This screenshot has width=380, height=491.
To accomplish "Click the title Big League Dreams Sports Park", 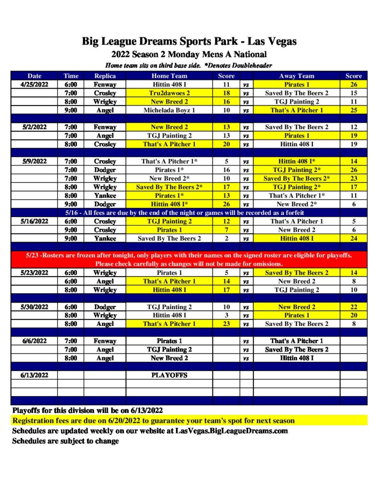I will tap(189, 41).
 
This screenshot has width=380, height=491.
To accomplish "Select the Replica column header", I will tap(105, 76).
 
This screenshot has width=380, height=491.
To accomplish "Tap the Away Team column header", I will tap(297, 76).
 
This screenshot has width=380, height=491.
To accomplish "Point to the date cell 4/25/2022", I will tap(35, 84).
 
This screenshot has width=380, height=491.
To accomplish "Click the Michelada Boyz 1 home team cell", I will tap(169, 110).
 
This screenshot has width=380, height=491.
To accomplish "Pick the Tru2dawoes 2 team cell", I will tap(169, 93).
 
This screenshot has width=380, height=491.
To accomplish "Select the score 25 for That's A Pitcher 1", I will tap(354, 110).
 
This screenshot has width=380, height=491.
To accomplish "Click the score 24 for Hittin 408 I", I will tap(354, 238).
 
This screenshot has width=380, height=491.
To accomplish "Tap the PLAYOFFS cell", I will tap(169, 375).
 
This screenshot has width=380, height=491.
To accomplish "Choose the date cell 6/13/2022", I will tap(35, 375).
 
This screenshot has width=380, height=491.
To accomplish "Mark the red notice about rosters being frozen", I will tap(189, 259).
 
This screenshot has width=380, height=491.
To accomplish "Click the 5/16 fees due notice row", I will tap(189, 213).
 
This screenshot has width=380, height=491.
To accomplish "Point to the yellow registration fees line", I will tap(154, 421).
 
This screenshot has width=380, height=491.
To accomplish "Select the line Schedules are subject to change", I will tap(65, 441).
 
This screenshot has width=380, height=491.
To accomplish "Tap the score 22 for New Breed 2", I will tap(354, 307).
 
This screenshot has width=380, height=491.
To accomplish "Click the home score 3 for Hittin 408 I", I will tap(226, 316).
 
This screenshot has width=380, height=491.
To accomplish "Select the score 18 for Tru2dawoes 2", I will tap(226, 93).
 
